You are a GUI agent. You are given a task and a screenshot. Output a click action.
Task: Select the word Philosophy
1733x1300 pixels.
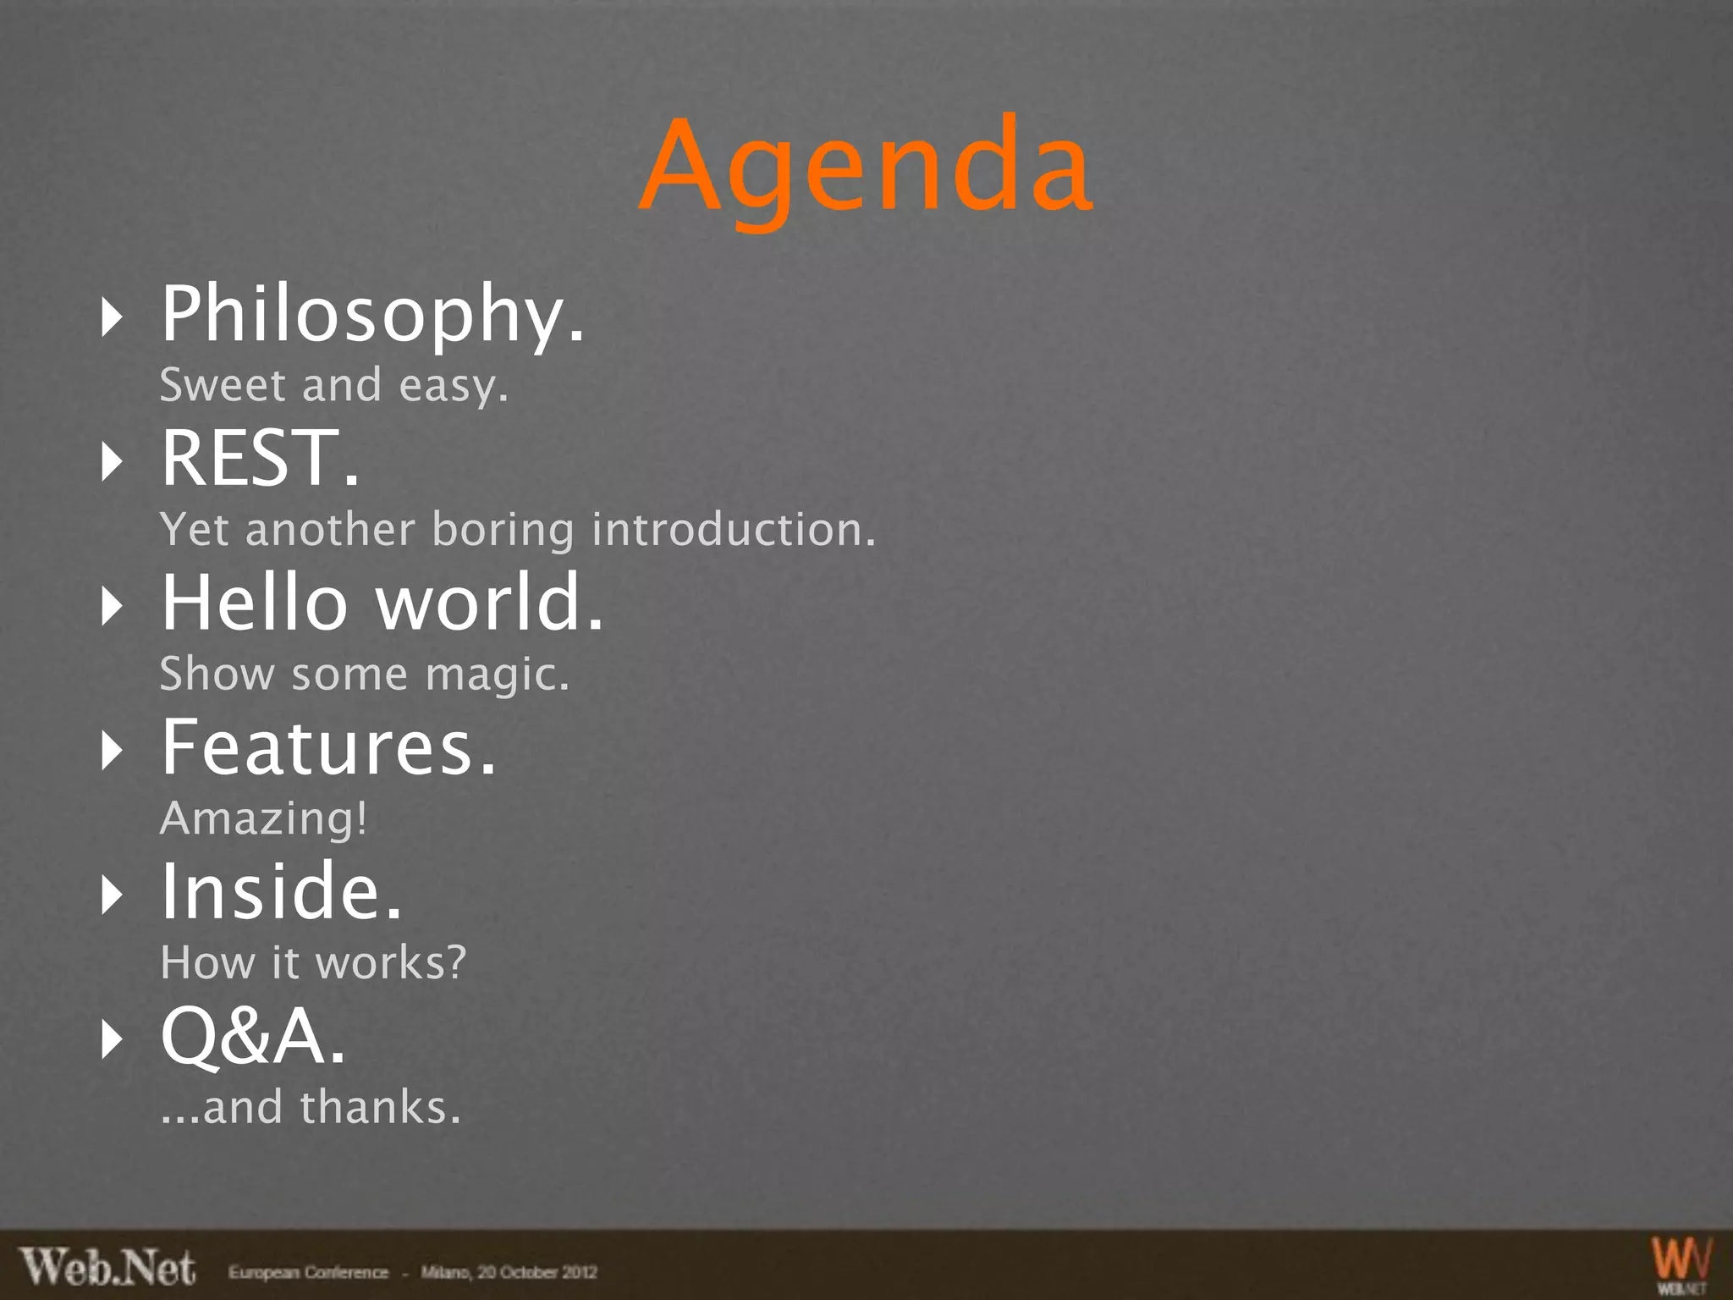372,316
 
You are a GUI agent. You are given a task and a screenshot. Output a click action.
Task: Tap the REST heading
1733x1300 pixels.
260,459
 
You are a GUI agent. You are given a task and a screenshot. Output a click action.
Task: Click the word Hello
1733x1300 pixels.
254,603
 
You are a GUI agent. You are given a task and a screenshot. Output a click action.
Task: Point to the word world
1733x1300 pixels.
489,603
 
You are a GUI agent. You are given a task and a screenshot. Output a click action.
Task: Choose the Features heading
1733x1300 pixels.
328,747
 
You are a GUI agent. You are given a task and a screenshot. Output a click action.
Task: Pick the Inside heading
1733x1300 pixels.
281,892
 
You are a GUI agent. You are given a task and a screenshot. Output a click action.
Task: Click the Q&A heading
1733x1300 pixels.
253,1038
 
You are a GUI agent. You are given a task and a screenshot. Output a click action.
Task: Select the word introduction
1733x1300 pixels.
733,531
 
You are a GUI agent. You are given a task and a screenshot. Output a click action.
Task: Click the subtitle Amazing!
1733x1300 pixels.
264,819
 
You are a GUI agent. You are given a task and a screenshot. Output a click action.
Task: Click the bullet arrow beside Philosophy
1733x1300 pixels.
112,317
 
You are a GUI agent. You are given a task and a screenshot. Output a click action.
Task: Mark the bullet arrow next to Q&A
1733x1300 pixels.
112,1038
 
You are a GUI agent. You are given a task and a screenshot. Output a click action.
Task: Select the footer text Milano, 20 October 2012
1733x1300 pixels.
509,1272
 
